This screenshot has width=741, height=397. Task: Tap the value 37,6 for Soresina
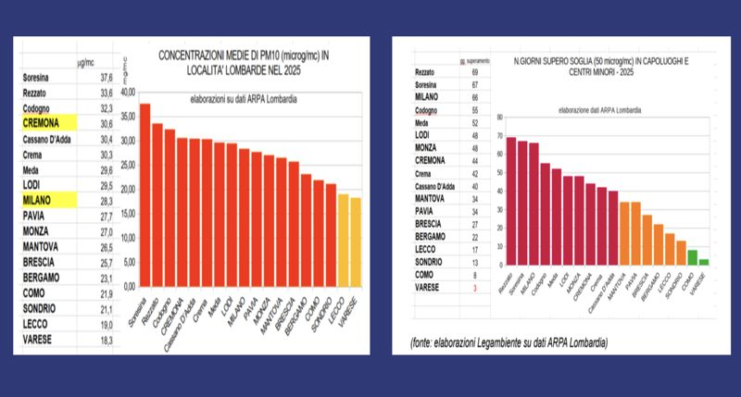[x=104, y=78]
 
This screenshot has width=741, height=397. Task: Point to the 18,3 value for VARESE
[x=104, y=341]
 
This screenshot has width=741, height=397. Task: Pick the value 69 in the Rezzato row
[x=474, y=71]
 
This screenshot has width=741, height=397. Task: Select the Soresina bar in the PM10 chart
[x=145, y=194]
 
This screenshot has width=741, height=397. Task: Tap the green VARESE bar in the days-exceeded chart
[x=704, y=262]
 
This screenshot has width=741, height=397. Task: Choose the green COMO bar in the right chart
[x=692, y=257]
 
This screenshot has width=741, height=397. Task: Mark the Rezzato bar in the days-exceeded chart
[x=510, y=202]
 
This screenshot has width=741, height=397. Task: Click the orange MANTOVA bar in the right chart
[x=623, y=233]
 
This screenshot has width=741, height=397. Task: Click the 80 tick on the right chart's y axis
[x=499, y=118]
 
